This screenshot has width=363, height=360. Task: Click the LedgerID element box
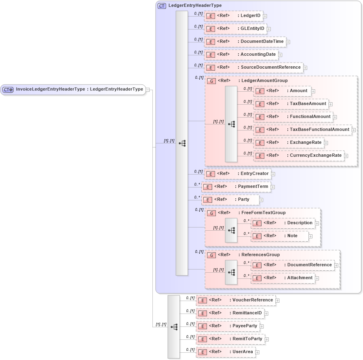point(234,16)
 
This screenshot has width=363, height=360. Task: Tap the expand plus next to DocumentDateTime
point(288,42)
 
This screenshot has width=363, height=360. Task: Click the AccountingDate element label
point(258,55)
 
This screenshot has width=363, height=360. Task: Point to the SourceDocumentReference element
point(254,67)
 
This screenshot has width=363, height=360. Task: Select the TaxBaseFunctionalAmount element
point(303,130)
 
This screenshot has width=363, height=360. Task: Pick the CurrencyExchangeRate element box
point(299,156)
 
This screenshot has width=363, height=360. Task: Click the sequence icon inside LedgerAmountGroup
point(231,124)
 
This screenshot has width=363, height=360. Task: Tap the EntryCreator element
point(237,174)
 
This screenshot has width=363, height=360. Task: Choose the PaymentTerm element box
point(236,187)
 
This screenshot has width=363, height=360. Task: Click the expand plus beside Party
point(261,200)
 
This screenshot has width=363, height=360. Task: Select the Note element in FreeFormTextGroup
point(280,236)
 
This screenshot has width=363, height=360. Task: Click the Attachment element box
point(283,278)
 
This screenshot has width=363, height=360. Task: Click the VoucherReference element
point(236,300)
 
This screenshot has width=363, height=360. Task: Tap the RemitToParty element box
point(230,339)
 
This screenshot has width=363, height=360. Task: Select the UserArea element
point(226,352)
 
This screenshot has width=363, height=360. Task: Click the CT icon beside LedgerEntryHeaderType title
point(162,6)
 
